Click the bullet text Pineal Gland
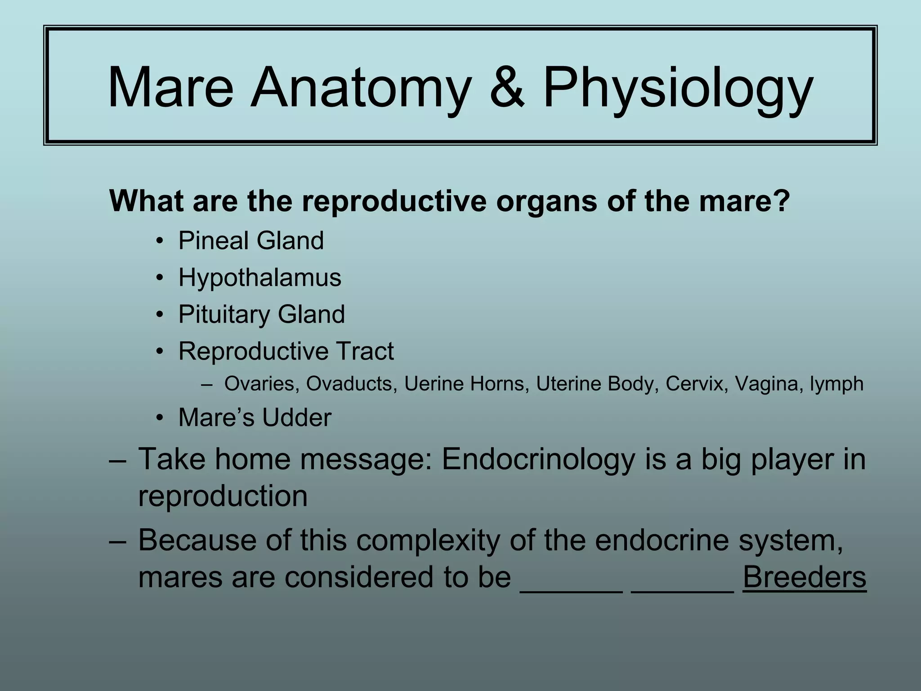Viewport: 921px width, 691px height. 251,241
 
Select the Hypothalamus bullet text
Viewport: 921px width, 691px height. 260,278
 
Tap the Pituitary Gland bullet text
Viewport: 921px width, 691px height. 261,314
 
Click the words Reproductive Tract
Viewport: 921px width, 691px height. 286,351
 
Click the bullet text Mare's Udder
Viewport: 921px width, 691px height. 255,417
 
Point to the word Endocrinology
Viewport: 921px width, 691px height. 538,460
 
